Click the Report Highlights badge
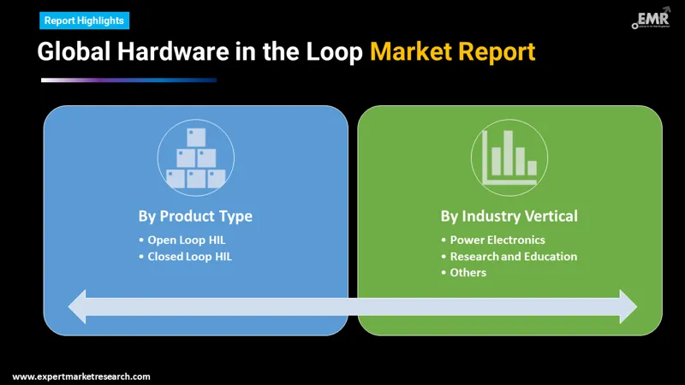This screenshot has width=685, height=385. click(83, 20)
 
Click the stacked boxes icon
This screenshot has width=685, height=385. click(195, 157)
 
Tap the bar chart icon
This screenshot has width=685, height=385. click(509, 157)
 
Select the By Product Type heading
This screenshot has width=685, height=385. click(195, 216)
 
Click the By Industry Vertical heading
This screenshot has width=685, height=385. click(509, 216)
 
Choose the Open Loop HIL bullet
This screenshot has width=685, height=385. click(186, 240)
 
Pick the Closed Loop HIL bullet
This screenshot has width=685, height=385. click(189, 256)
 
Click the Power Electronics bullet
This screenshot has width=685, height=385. click(497, 240)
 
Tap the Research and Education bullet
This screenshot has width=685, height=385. click(514, 256)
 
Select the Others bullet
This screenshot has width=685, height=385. click(468, 272)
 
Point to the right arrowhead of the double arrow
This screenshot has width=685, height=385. click(626, 306)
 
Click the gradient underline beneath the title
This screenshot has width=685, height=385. click(128, 80)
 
